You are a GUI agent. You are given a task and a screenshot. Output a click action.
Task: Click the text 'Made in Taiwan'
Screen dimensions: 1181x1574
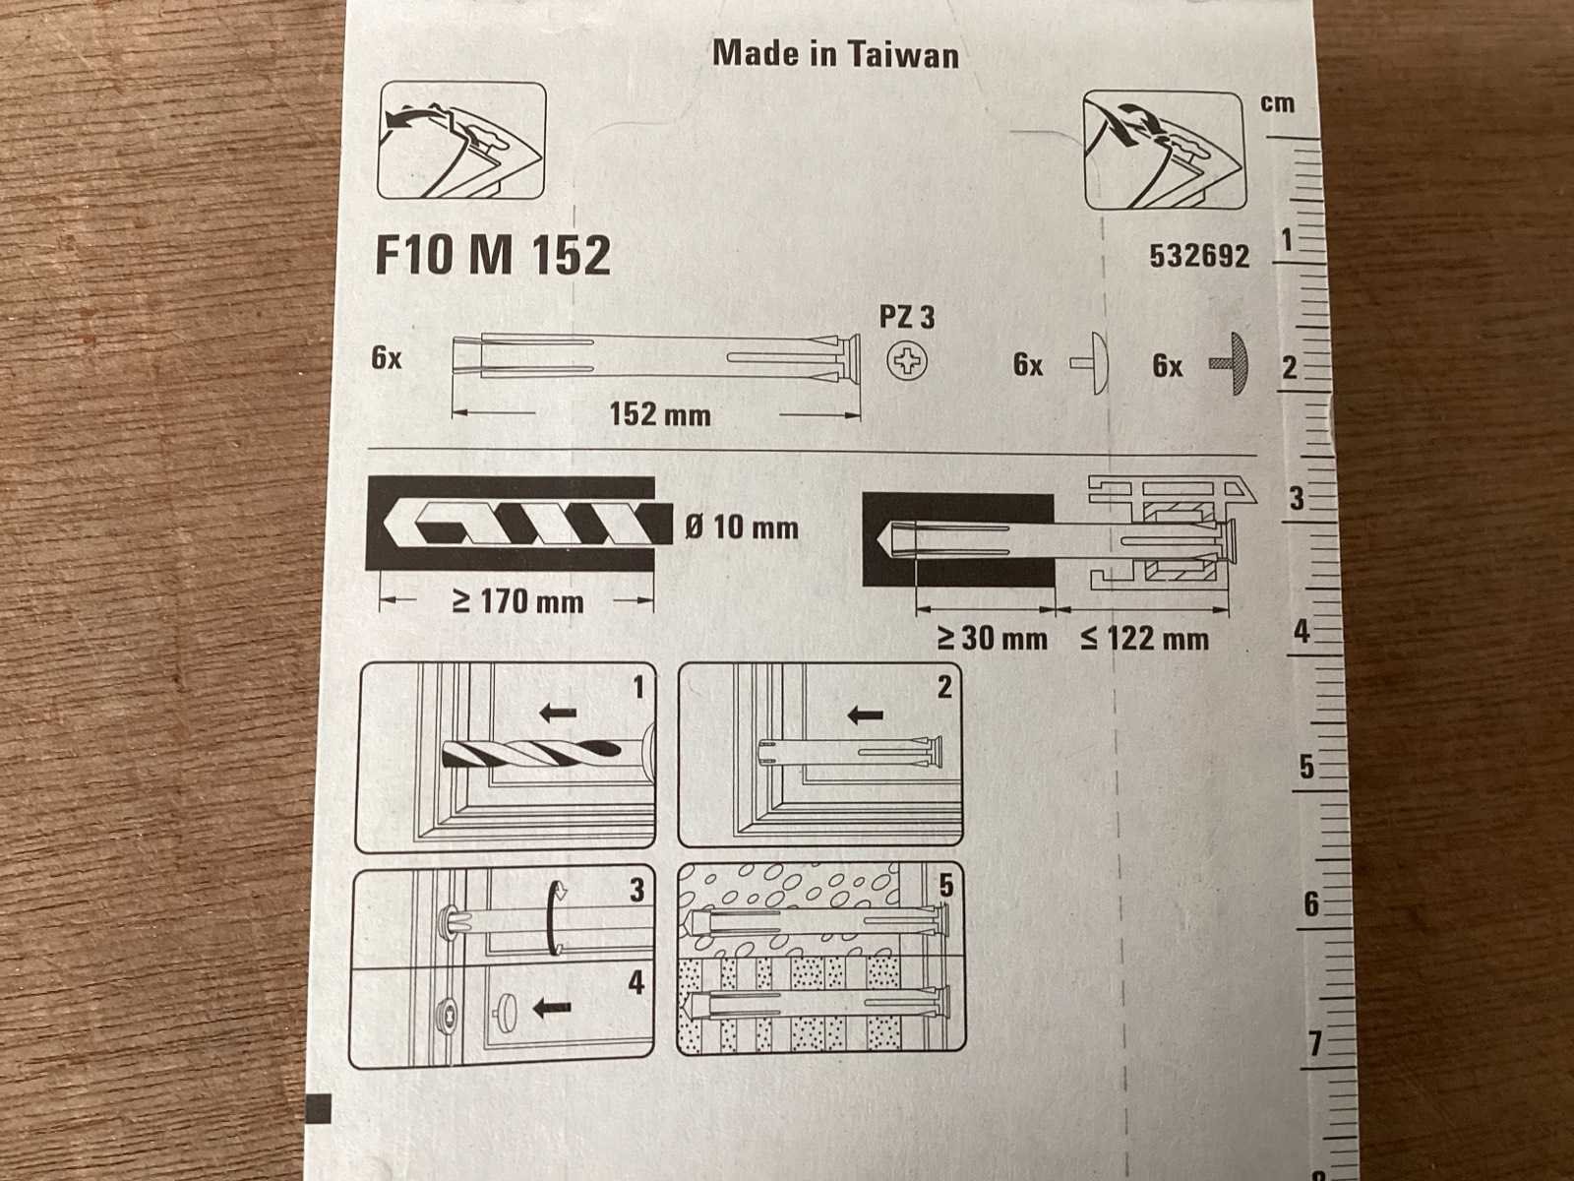click(x=835, y=54)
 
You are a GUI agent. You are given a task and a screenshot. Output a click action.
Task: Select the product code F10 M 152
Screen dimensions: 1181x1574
click(x=493, y=255)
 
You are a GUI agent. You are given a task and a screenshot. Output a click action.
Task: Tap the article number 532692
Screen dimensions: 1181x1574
click(x=1199, y=257)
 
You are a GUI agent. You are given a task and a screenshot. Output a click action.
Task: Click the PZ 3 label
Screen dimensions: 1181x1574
click(x=906, y=317)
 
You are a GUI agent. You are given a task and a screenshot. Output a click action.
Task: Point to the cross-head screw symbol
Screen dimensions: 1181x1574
click(x=907, y=362)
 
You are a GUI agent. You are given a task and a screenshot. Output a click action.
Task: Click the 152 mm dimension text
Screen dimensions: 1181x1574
click(x=659, y=414)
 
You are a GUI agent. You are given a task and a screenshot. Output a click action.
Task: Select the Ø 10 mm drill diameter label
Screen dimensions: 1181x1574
click(x=742, y=528)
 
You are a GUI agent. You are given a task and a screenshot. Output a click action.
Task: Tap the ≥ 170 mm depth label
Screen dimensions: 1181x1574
click(x=517, y=600)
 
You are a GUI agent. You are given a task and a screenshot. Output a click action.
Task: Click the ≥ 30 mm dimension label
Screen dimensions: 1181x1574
click(x=992, y=639)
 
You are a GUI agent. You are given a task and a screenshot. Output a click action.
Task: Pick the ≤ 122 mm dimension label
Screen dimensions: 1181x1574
click(x=1144, y=639)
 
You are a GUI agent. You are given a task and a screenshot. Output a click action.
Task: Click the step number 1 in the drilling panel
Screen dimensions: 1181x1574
click(x=637, y=687)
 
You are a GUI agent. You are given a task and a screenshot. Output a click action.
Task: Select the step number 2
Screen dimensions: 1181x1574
click(x=944, y=686)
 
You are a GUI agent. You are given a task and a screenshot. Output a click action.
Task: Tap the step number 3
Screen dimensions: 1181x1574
click(x=636, y=890)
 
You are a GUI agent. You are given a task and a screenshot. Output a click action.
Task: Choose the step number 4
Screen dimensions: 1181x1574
click(x=636, y=982)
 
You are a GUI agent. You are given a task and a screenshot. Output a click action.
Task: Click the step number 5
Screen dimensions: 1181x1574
click(x=945, y=886)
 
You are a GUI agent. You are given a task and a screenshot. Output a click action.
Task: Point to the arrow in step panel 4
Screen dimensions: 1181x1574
click(x=552, y=1007)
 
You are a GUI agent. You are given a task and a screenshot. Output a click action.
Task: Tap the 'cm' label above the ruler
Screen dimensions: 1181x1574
click(x=1277, y=103)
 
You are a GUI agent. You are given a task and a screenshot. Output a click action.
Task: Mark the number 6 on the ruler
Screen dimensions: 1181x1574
click(x=1310, y=903)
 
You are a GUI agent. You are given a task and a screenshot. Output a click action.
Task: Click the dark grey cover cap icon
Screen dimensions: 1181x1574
click(x=1234, y=364)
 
